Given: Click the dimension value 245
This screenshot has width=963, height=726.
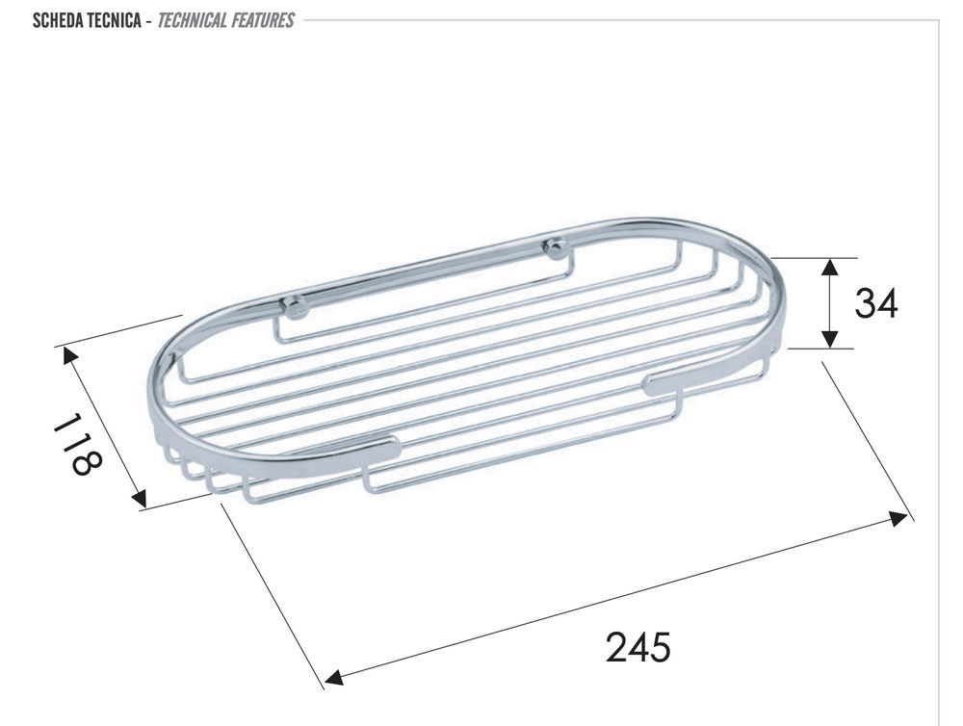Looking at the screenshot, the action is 638,647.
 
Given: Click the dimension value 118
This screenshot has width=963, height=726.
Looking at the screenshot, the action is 77,444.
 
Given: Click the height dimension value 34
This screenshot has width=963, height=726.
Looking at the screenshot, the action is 875,302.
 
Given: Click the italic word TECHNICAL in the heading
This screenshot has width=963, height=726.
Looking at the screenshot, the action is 193,20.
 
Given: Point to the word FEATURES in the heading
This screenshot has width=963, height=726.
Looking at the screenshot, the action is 263,20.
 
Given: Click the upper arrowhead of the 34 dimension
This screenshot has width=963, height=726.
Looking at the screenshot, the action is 830,267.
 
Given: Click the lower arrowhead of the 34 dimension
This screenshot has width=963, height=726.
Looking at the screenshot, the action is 830,339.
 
